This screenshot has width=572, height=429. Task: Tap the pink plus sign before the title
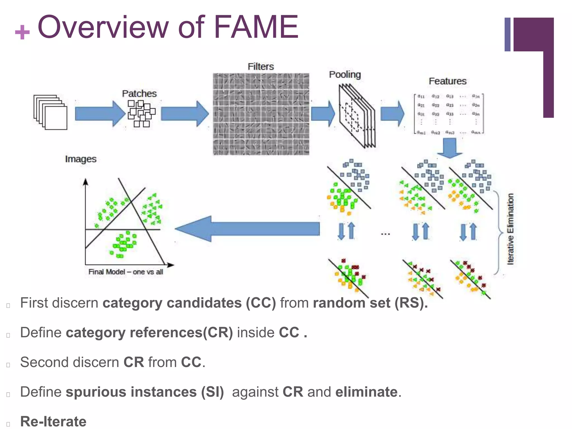tap(22, 32)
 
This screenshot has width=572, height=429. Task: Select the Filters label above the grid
tap(261, 66)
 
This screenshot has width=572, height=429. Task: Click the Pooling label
tap(345, 75)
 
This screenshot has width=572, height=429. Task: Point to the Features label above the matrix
tap(447, 81)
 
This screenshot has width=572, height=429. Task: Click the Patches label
tap(139, 94)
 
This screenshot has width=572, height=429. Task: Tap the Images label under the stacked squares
tap(81, 159)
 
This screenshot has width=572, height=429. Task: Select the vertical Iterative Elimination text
tap(510, 229)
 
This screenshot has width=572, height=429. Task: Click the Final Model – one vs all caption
tap(125, 272)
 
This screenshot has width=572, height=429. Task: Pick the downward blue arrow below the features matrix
tap(450, 148)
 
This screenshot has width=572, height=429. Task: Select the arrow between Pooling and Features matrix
tap(392, 114)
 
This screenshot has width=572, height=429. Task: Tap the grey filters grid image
tap(261, 114)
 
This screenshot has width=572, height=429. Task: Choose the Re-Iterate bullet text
tap(53, 421)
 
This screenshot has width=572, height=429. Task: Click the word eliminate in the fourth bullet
tap(366, 392)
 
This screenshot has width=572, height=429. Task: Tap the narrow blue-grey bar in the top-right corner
tap(507, 34)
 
